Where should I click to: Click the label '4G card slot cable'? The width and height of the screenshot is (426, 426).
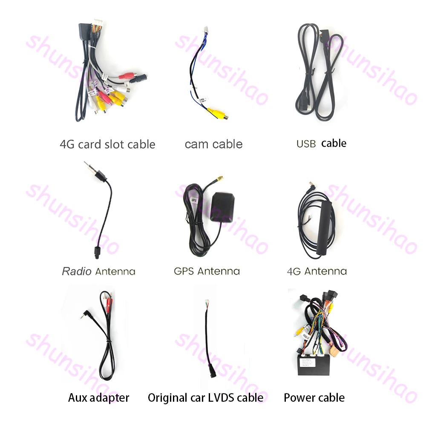[x=107, y=144]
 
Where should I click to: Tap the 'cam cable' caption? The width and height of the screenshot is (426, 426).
[x=213, y=144]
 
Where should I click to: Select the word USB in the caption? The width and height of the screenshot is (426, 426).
[x=306, y=144]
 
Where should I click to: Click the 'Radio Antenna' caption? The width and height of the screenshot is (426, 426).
[x=98, y=271]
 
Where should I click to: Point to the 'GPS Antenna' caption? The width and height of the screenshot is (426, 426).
[x=207, y=271]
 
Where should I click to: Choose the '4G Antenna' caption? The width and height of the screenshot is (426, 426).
[x=317, y=271]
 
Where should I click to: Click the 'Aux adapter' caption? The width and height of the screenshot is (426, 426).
[x=98, y=398]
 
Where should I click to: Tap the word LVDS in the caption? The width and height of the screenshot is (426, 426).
[x=223, y=398]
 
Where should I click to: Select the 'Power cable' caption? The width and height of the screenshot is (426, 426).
[x=314, y=398]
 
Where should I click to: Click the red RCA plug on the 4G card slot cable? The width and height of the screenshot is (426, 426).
[x=127, y=78]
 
